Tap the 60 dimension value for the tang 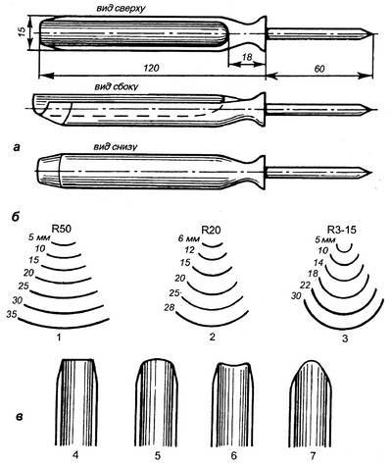[319, 69]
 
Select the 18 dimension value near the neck [247, 58]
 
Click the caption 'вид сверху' [122, 9]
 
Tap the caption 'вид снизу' [115, 147]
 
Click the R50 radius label [61, 229]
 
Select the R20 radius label [212, 231]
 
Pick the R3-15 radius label [341, 231]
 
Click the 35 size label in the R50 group [12, 315]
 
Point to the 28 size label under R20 [171, 307]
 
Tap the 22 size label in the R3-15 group [305, 286]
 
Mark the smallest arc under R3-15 [344, 251]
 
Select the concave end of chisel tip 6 [233, 366]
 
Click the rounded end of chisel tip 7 [311, 361]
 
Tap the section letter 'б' [16, 217]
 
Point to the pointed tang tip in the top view [370, 34]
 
